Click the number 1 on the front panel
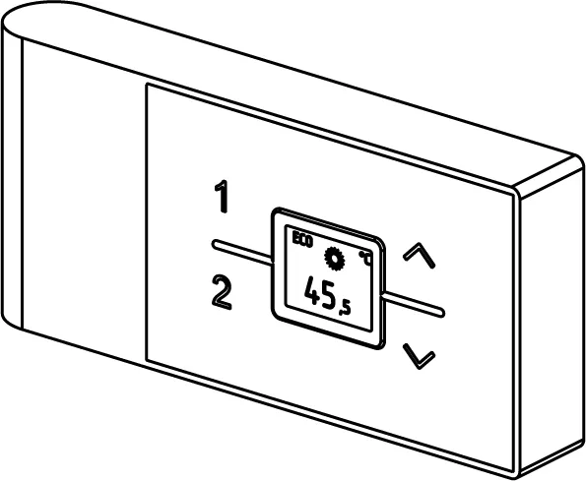coord(223,197)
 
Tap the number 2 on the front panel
coord(222,292)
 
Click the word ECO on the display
coord(302,239)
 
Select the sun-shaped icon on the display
coord(334,259)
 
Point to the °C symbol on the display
coord(365,259)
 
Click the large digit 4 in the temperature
coord(313,290)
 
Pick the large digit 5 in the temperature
coord(329,296)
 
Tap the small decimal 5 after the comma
coord(347,308)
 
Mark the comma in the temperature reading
coord(341,313)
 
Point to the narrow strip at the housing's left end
coord(13,179)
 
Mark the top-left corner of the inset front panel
coord(147,84)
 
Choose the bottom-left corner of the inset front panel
coord(147,361)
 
